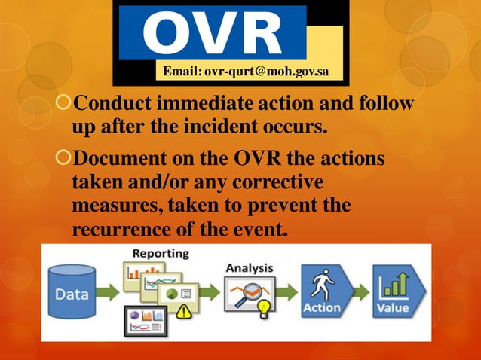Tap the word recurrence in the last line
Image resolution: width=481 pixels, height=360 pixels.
(x=117, y=228)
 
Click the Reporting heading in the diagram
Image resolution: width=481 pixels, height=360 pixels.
(x=161, y=254)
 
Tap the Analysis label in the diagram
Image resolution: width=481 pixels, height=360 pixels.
(x=250, y=267)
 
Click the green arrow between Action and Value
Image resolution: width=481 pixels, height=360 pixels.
(x=360, y=290)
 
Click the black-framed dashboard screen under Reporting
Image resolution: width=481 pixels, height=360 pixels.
(x=145, y=319)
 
